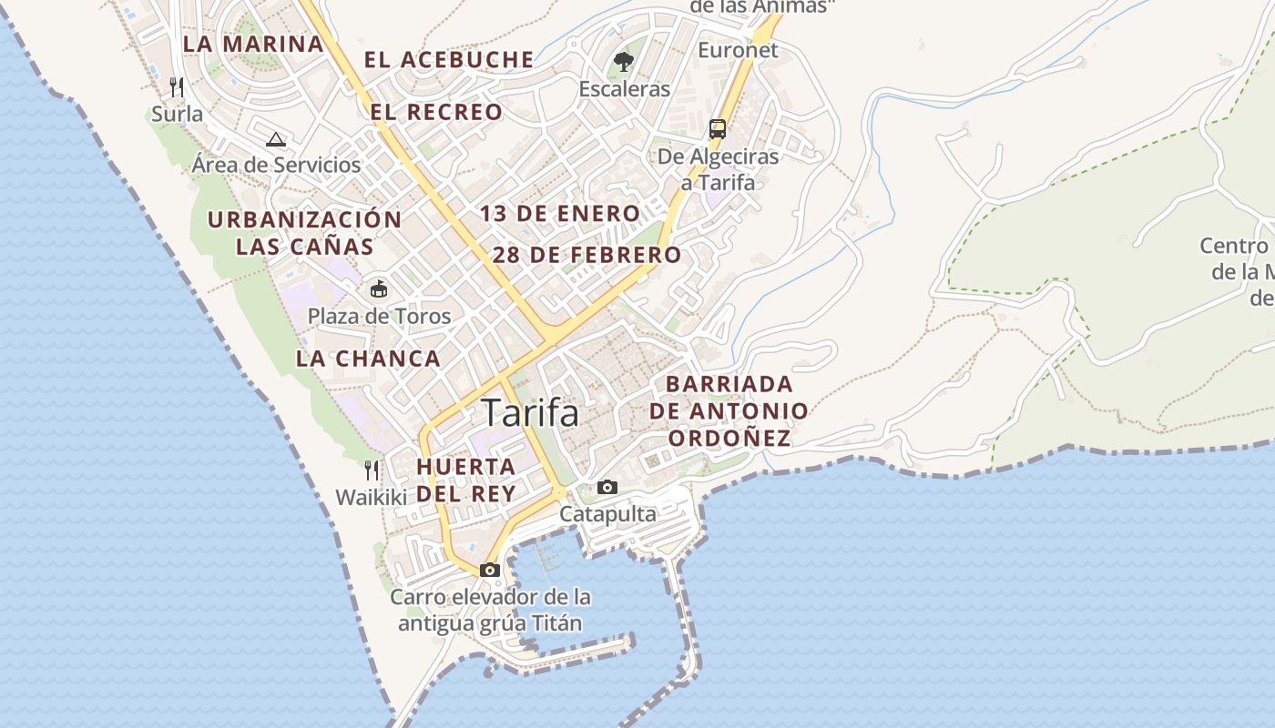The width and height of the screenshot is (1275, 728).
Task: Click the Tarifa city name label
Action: pos(530,413)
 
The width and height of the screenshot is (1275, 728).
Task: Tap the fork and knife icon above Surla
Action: pos(178,87)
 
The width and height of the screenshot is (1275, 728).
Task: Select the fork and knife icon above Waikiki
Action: pos(372,470)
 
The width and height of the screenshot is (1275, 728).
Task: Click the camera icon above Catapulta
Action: pos(607,488)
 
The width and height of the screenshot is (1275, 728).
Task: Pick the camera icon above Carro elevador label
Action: pos(490,570)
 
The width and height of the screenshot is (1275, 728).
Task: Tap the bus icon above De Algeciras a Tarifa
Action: pos(718,129)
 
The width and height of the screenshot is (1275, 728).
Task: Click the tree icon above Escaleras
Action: pos(624,62)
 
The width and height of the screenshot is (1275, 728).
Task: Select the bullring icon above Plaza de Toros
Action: pos(379,289)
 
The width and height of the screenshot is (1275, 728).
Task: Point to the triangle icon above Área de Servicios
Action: pos(276,139)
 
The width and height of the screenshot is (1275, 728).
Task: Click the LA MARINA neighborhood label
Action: pos(253,44)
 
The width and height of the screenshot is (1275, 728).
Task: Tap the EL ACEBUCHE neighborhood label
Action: pos(449,60)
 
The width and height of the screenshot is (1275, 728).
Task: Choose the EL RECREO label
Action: pos(436,112)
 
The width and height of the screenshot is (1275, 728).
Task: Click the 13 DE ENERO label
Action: pos(560,214)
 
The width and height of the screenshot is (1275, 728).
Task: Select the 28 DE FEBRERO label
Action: pos(587,255)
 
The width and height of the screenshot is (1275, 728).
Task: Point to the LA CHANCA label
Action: pos(368,359)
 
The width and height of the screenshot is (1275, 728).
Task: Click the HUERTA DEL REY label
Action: pos(466,480)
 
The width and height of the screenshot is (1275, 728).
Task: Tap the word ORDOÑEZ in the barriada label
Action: pos(729,438)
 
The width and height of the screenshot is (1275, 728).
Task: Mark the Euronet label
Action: pos(738,50)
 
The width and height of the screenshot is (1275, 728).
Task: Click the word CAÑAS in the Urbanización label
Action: pos(331,246)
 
